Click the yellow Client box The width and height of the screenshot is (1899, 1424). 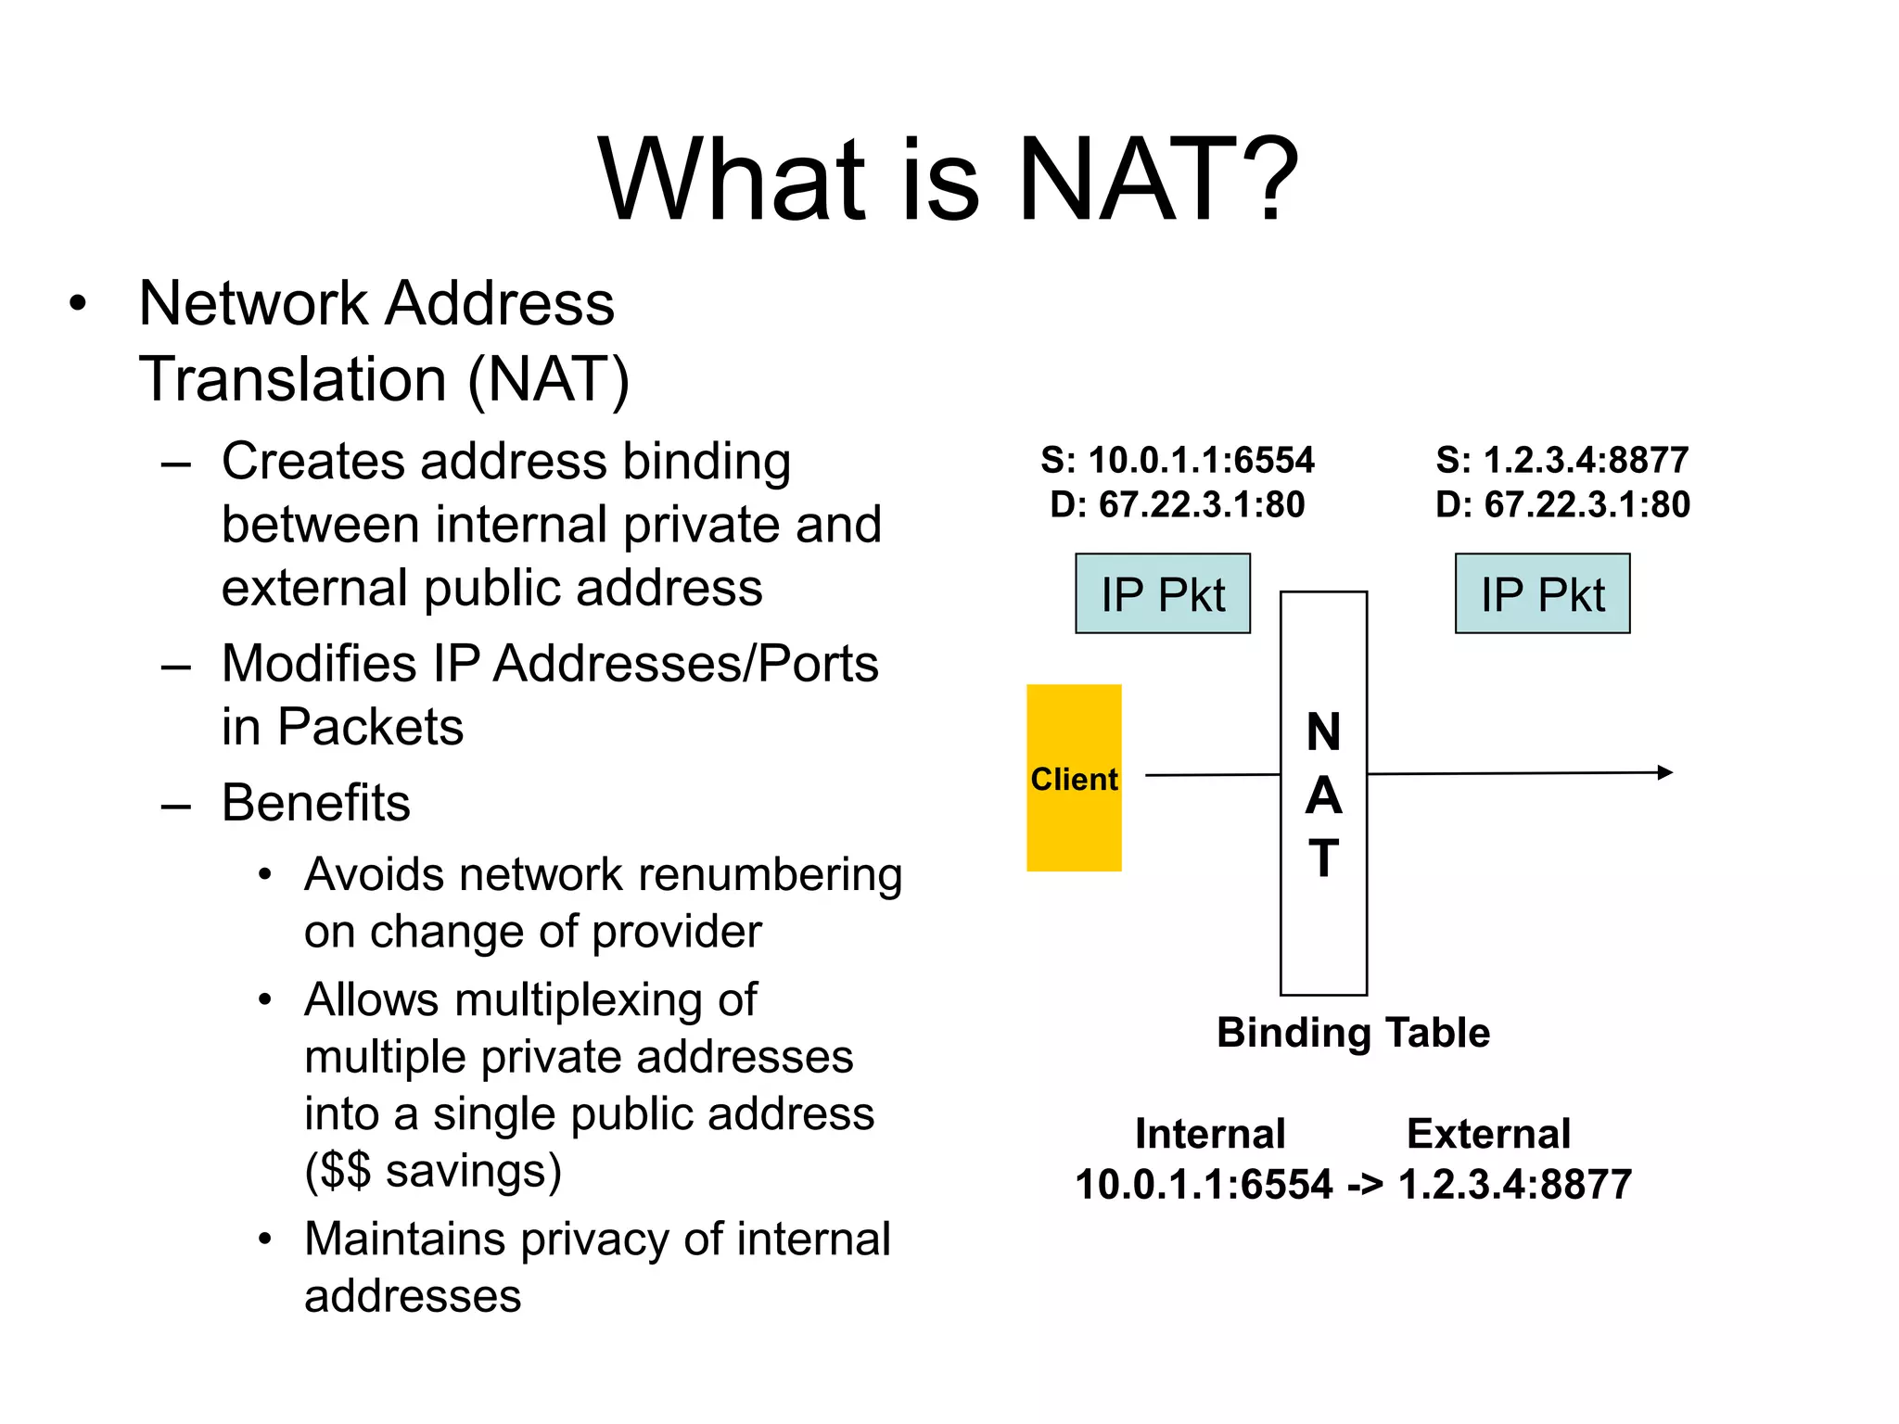[1074, 777]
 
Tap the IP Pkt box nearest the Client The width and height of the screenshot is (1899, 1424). [1163, 594]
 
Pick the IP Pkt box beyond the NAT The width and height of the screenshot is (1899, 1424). [1542, 594]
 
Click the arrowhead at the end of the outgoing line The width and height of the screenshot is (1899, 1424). [1665, 772]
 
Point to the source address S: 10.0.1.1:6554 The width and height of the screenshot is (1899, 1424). [1178, 460]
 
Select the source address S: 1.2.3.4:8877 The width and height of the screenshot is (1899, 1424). [1562, 460]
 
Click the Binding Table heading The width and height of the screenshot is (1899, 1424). [1353, 1033]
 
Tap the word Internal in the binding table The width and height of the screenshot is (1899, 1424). [1210, 1134]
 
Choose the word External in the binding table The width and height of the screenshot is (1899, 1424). [1488, 1134]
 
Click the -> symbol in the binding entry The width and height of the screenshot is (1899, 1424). [1365, 1185]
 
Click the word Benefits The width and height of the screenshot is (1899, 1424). [316, 803]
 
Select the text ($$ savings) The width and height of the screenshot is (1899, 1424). [433, 1171]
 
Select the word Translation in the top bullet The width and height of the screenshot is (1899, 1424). [293, 380]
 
